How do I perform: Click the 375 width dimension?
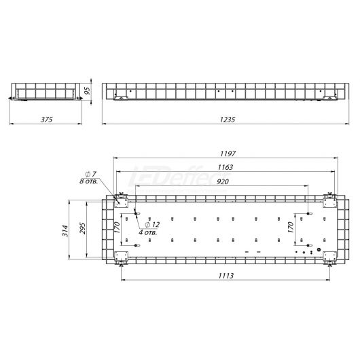(47, 120)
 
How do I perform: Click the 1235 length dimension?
(228, 120)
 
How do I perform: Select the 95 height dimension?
(87, 91)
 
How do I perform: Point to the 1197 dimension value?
(228, 154)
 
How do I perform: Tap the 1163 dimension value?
(226, 167)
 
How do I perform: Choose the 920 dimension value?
(223, 181)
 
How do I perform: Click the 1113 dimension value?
(226, 276)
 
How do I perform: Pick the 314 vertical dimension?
(65, 231)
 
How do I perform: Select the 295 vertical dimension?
(82, 228)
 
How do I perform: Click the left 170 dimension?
(117, 228)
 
